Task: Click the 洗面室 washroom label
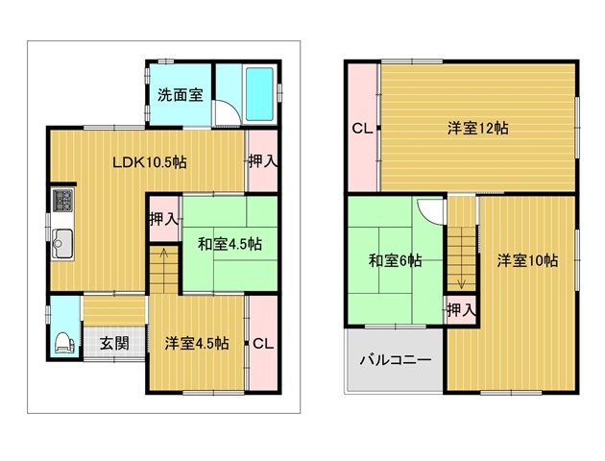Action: point(181,94)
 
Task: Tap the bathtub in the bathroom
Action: point(259,94)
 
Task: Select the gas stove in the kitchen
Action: point(62,200)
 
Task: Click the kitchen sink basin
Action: point(62,244)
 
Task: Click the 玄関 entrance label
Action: point(114,343)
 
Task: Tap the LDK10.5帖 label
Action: point(150,162)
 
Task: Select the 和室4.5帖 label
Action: point(230,244)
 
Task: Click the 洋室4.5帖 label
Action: point(197,343)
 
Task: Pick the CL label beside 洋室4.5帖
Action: point(263,343)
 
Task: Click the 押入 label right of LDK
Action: point(263,161)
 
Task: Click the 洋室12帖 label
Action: point(477,128)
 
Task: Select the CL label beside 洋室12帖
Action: point(362,129)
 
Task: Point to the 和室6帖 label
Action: point(395,261)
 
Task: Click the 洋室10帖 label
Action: point(527,261)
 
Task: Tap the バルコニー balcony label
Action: point(396,360)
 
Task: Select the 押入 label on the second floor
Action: point(461,310)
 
